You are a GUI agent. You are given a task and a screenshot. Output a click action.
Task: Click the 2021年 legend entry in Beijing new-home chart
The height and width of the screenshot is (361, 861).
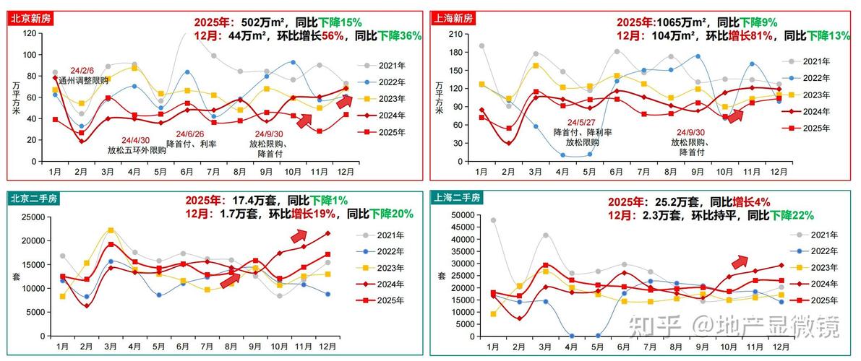(x=386, y=65)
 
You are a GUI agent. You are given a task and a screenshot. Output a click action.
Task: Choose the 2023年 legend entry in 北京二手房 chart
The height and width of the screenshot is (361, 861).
(x=386, y=268)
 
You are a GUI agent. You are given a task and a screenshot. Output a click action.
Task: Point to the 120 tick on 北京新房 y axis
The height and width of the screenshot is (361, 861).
(x=30, y=34)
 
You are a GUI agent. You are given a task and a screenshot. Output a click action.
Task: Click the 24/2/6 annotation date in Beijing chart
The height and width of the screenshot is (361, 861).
(x=82, y=71)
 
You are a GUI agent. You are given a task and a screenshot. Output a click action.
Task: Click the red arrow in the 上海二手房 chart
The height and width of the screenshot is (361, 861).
(x=740, y=261)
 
